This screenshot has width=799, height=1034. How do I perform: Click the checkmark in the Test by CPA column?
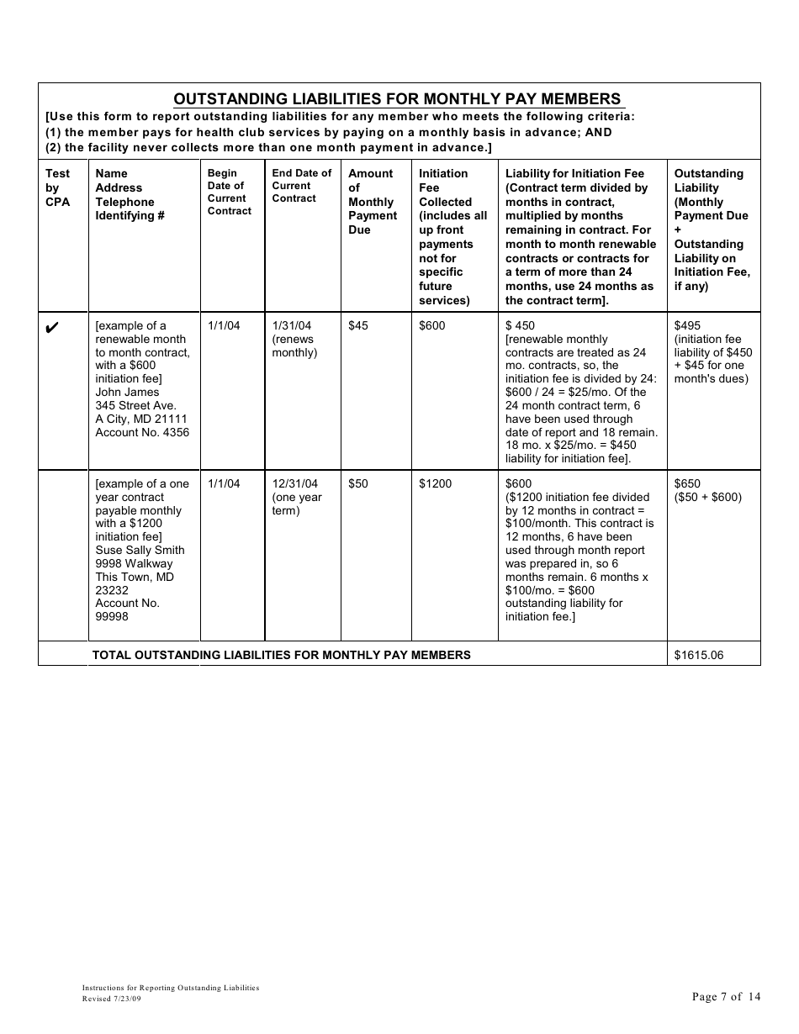(51, 328)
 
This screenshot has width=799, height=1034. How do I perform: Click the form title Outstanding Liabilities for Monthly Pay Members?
(397, 98)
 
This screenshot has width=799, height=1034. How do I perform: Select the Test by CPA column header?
(58, 187)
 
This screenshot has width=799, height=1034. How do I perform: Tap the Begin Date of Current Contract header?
(230, 192)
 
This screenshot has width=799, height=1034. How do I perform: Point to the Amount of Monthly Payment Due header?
(372, 202)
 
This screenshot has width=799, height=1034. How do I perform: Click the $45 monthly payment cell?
(358, 325)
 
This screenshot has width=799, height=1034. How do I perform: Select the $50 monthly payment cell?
(358, 483)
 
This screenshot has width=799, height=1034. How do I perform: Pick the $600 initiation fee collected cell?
(432, 325)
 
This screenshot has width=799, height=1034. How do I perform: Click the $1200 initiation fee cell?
(436, 483)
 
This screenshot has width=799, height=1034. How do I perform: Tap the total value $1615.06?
(699, 655)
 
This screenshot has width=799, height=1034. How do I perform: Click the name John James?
(127, 392)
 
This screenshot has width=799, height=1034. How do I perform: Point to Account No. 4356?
(142, 432)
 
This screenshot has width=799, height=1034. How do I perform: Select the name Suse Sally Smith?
(140, 550)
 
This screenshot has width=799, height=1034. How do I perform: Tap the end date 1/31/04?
(292, 325)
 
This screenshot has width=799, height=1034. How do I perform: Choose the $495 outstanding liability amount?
(687, 325)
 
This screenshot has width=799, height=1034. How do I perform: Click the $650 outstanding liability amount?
(687, 483)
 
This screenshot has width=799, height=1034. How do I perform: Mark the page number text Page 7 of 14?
(726, 997)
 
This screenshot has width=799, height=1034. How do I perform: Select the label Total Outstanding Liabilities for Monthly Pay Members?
(281, 655)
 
